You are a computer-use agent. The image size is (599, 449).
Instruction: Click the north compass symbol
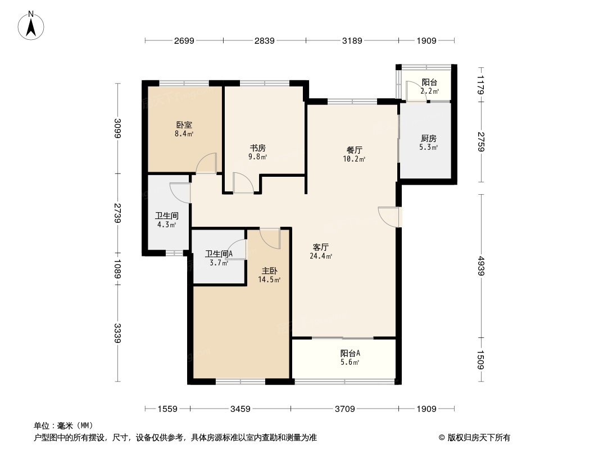[31, 25]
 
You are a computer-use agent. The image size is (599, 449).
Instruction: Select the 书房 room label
[258, 148]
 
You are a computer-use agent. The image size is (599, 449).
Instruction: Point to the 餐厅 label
[354, 150]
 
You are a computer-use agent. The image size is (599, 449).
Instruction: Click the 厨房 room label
[429, 139]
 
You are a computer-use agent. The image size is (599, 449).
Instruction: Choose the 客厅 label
[321, 247]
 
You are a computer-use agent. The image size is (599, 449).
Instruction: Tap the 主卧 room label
[269, 271]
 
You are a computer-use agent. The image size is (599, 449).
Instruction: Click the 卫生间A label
[219, 254]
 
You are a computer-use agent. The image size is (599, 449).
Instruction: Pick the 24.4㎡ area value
[321, 256]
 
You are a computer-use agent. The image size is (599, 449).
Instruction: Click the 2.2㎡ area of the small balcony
[430, 91]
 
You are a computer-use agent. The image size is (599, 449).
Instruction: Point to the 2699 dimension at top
[184, 40]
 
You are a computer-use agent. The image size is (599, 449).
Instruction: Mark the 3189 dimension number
[352, 40]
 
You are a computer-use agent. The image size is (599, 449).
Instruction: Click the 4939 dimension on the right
[481, 265]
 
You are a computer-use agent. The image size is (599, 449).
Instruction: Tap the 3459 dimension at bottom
[240, 409]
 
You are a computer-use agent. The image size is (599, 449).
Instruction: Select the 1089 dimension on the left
[117, 268]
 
